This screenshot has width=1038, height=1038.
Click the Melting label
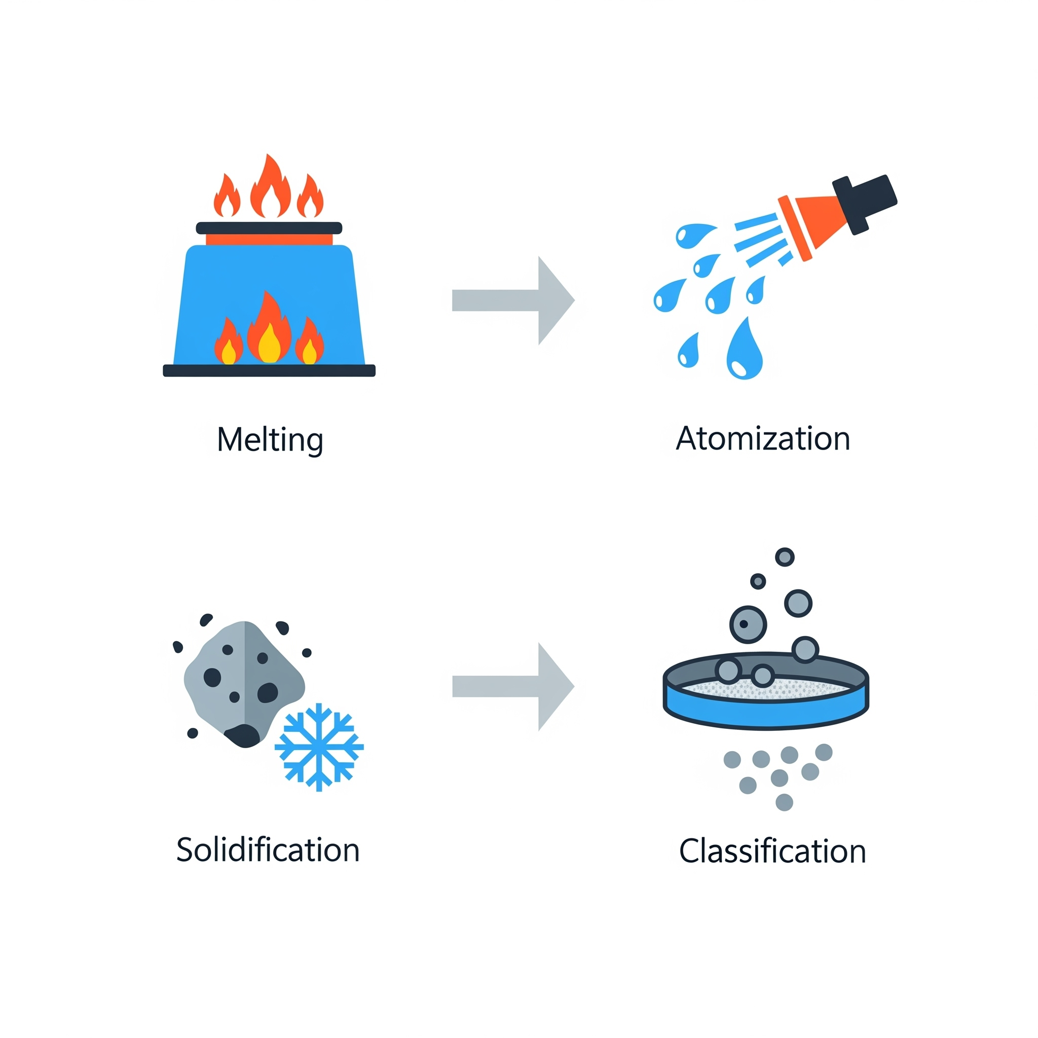[x=270, y=440]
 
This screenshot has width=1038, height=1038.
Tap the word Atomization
[x=763, y=439]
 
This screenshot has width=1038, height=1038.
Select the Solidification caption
[x=268, y=850]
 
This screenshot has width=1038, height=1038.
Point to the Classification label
[x=772, y=851]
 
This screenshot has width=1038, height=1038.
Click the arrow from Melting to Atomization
[x=513, y=301]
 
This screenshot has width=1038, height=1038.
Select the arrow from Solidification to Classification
[x=513, y=686]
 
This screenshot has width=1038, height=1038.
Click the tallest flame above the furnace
[x=270, y=188]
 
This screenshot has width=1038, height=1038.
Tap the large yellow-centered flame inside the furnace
[x=269, y=330]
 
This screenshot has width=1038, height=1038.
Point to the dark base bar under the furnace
[x=269, y=370]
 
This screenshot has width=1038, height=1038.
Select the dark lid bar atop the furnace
[x=269, y=228]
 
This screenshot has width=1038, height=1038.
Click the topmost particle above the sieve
[x=785, y=557]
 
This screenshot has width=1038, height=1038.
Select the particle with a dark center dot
[x=748, y=624]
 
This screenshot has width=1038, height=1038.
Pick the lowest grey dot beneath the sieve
[x=785, y=802]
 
